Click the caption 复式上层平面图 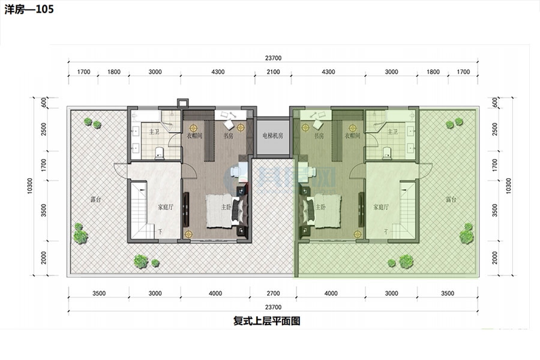pos(266,321)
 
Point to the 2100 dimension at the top pos(273,72)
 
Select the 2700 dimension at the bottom pos(273,294)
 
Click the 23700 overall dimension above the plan pos(273,58)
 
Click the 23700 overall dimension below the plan pos(273,307)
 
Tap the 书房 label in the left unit pos(229,136)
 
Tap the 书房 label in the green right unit pos(318,136)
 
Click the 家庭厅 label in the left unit pos(166,208)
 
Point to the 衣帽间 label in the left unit pos(194,136)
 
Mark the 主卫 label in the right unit pos(393,131)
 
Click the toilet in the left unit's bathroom pos(158,152)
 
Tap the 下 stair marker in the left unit pos(160,231)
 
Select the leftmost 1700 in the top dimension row pos(83,72)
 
